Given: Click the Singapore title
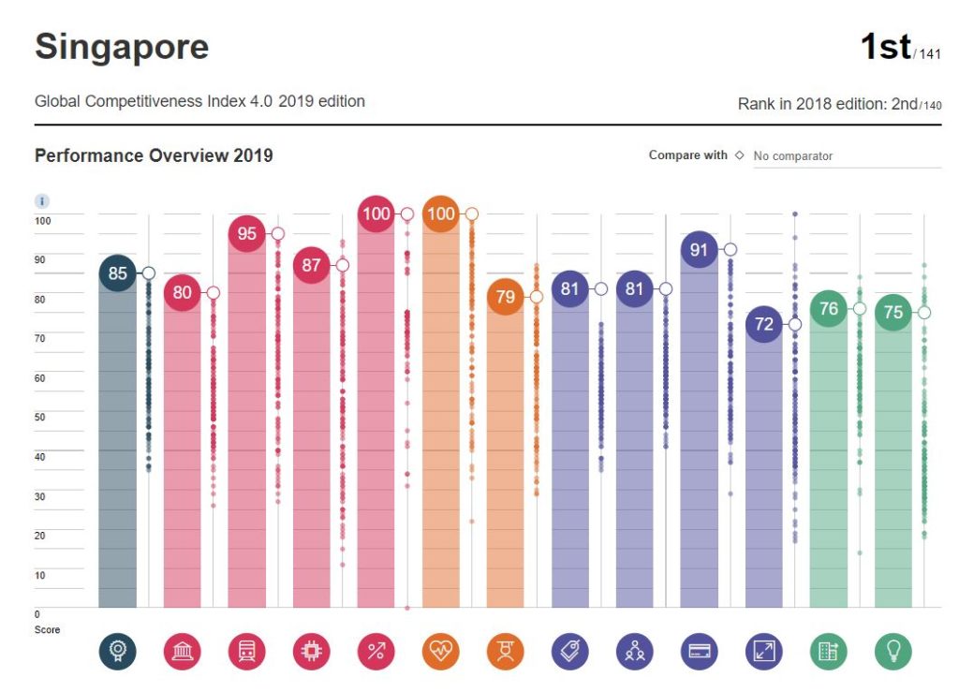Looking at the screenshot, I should click(x=122, y=46).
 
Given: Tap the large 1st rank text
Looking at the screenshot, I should click(x=885, y=46).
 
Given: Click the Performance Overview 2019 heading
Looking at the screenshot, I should click(x=154, y=155).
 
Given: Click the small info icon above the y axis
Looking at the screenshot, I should click(x=42, y=201).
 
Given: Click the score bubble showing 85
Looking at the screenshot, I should click(x=117, y=273).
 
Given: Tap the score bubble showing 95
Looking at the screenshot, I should click(x=246, y=233).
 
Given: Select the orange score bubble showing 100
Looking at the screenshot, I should click(x=440, y=213).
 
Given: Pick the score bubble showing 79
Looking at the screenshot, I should click(x=505, y=297).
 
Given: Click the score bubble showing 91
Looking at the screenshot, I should click(x=699, y=250).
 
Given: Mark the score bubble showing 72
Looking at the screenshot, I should click(x=764, y=324).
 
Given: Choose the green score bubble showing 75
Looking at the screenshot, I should click(x=893, y=312).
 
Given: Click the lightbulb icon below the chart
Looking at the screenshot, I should click(x=893, y=652).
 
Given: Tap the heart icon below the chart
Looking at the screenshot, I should click(x=440, y=652).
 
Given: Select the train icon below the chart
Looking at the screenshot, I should click(x=246, y=652).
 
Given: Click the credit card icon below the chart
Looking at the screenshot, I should click(x=699, y=652).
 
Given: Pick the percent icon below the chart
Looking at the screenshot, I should click(x=376, y=652).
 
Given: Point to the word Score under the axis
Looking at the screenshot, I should click(x=47, y=629).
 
